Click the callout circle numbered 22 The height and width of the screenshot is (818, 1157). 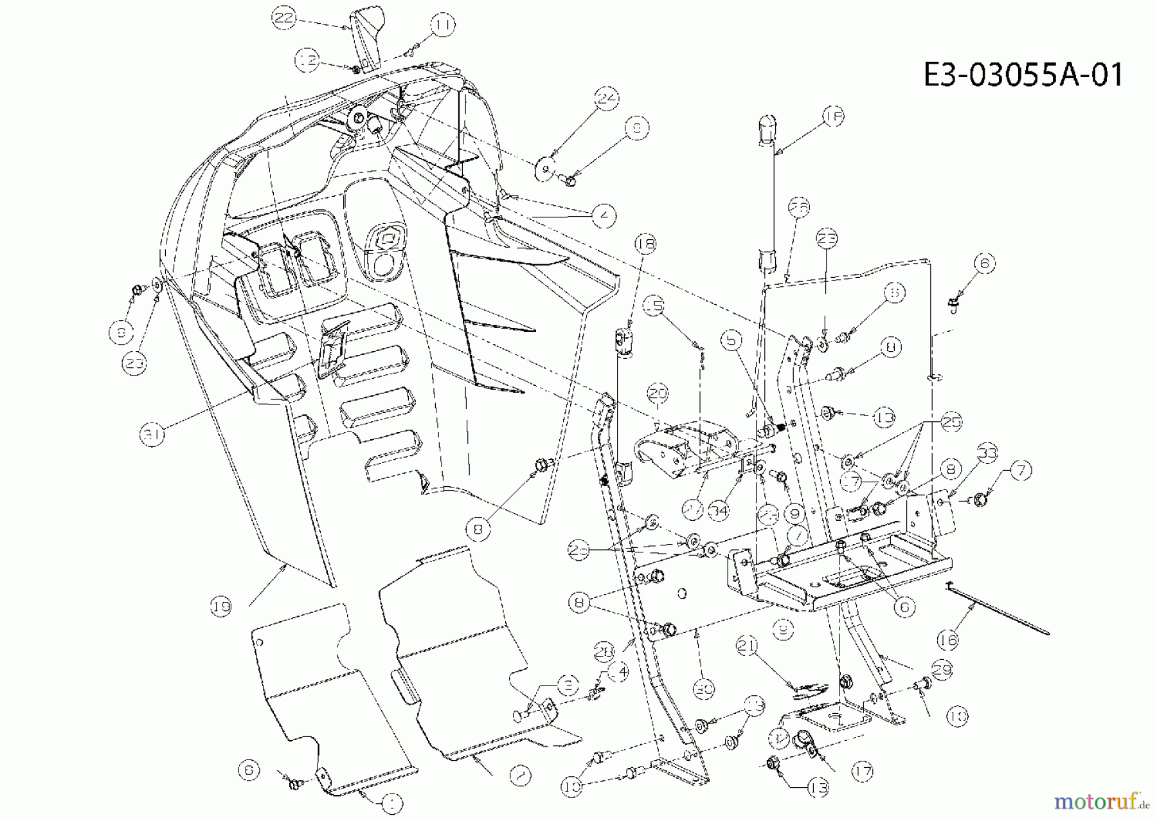[x=283, y=18]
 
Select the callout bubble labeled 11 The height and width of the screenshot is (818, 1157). [x=442, y=26]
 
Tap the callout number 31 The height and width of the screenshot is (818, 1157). [x=152, y=435]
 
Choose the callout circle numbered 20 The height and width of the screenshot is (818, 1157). [x=658, y=393]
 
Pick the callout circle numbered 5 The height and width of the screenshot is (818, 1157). [x=731, y=340]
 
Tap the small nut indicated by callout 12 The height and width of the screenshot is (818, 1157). [x=356, y=68]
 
